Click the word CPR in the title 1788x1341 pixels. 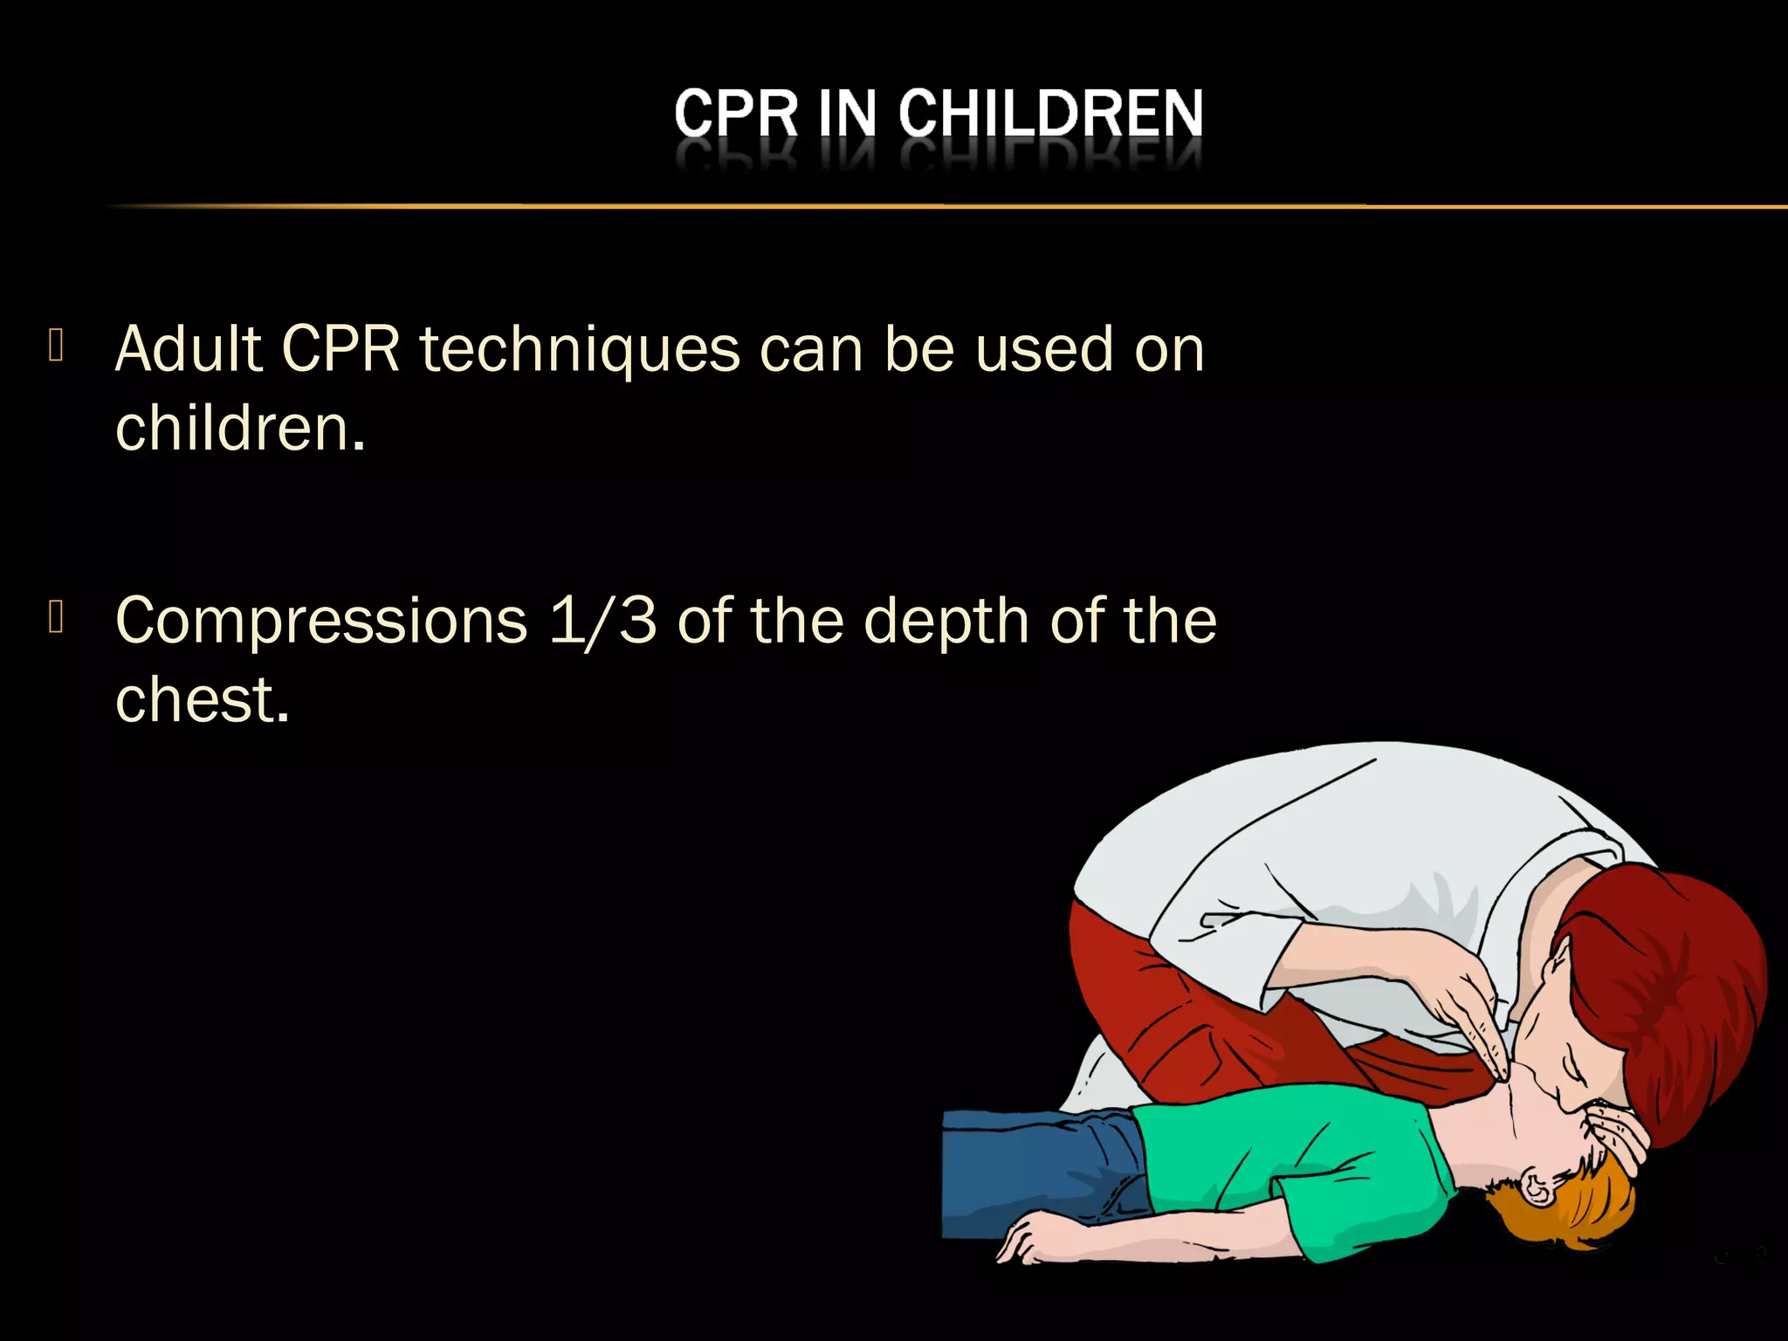[x=736, y=114]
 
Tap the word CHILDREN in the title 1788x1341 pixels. [x=1051, y=114]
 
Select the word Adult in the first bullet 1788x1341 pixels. [x=189, y=350]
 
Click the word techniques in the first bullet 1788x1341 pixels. [x=581, y=350]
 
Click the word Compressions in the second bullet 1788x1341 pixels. [x=321, y=622]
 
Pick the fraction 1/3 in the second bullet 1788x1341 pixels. [x=602, y=622]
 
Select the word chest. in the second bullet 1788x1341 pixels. [x=202, y=700]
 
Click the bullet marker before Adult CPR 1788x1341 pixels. [x=57, y=345]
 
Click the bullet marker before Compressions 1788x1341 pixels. [x=57, y=616]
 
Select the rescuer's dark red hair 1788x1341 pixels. [x=1676, y=978]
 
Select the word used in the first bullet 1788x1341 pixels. [x=1043, y=350]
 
